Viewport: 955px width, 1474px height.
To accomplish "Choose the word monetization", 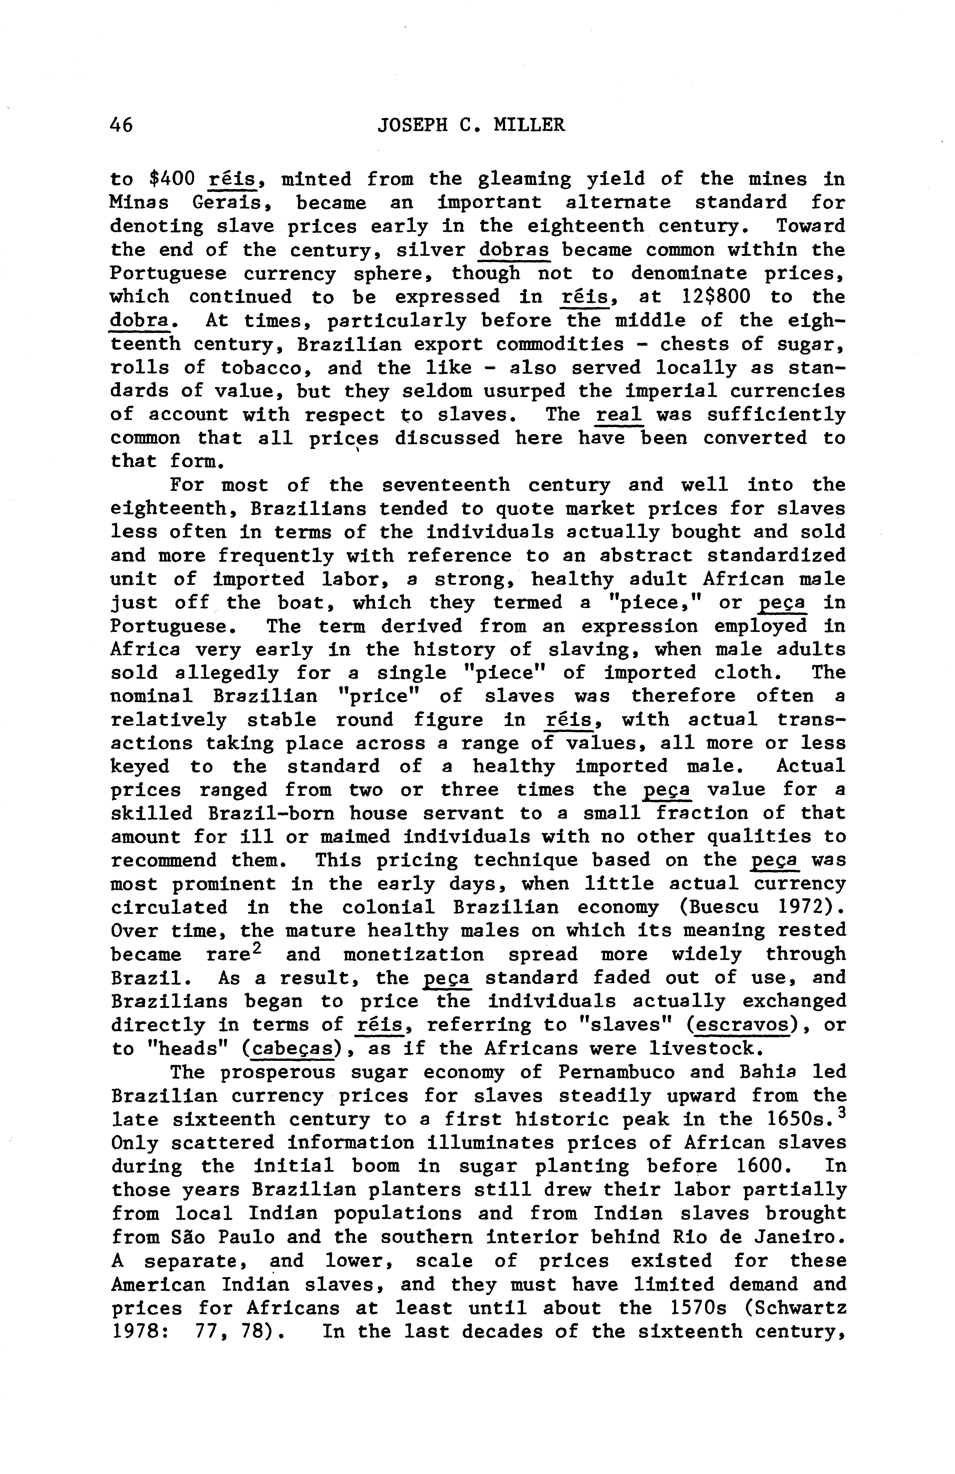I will (x=414, y=954).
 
